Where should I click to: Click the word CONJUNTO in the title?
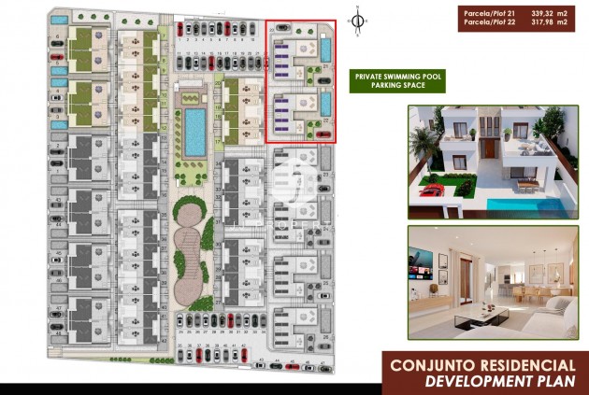click(x=427, y=365)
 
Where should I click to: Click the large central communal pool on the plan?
click(x=195, y=132)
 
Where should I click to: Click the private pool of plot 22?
click(x=325, y=104)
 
